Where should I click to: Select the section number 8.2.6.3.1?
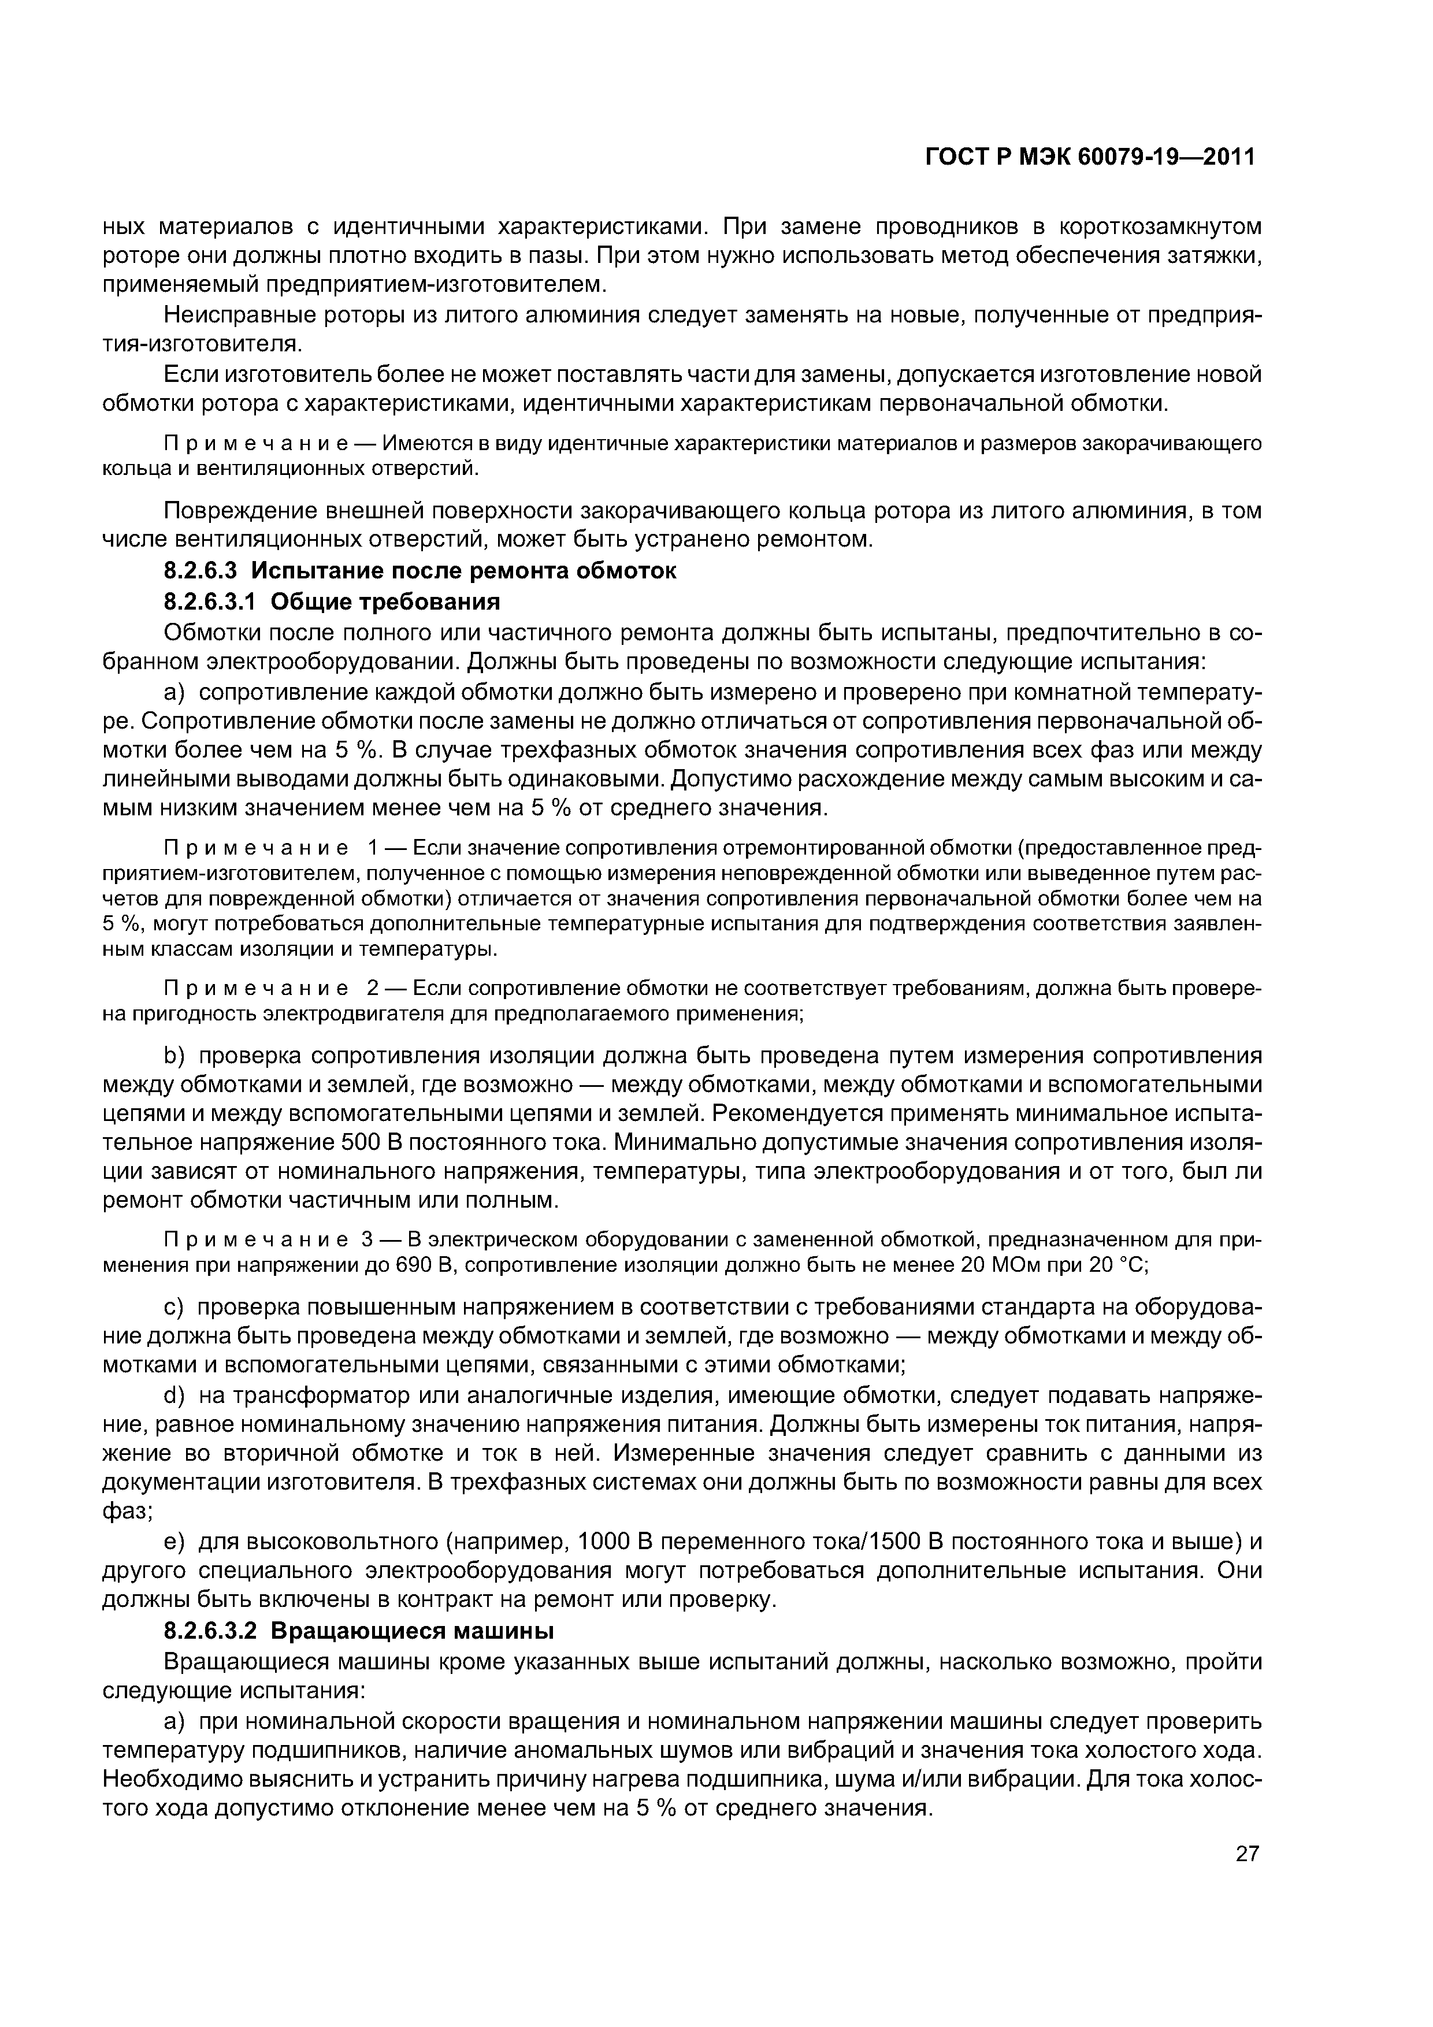pyautogui.click(x=209, y=602)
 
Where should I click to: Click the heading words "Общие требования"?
pyautogui.click(x=385, y=602)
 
